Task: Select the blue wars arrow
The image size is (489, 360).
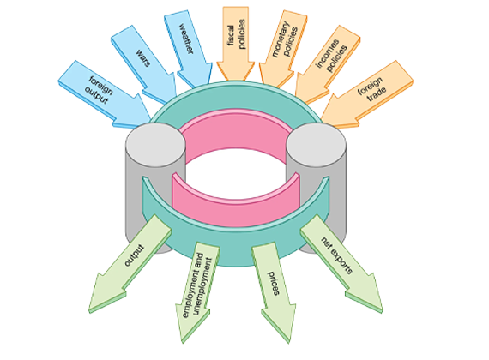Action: (x=144, y=64)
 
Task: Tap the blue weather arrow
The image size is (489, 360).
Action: (x=188, y=48)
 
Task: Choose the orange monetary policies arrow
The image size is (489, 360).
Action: (x=282, y=47)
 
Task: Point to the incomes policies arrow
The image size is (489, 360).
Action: (x=328, y=63)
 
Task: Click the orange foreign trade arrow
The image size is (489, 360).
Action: (x=368, y=93)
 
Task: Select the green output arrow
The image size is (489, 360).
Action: (x=131, y=263)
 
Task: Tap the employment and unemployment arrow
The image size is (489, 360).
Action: (x=196, y=291)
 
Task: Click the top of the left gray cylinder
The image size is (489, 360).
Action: (x=155, y=144)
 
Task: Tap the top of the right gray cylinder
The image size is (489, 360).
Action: (x=316, y=144)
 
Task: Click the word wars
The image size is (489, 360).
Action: (x=143, y=57)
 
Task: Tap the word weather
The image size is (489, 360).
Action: (x=186, y=39)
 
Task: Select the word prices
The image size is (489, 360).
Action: (x=274, y=283)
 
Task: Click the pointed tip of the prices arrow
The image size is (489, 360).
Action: (x=289, y=343)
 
